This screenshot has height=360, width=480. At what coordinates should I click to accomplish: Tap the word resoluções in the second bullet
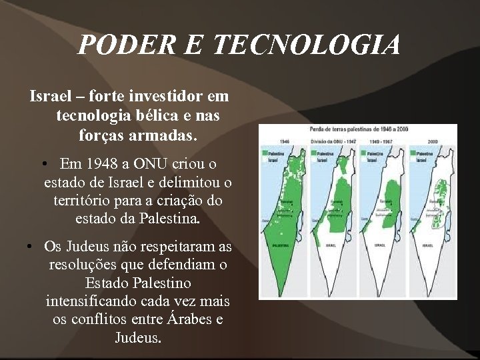point(82,265)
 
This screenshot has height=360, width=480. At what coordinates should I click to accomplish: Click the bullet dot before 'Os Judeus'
point(31,247)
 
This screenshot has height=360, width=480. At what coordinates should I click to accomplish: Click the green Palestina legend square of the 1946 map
point(265,153)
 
